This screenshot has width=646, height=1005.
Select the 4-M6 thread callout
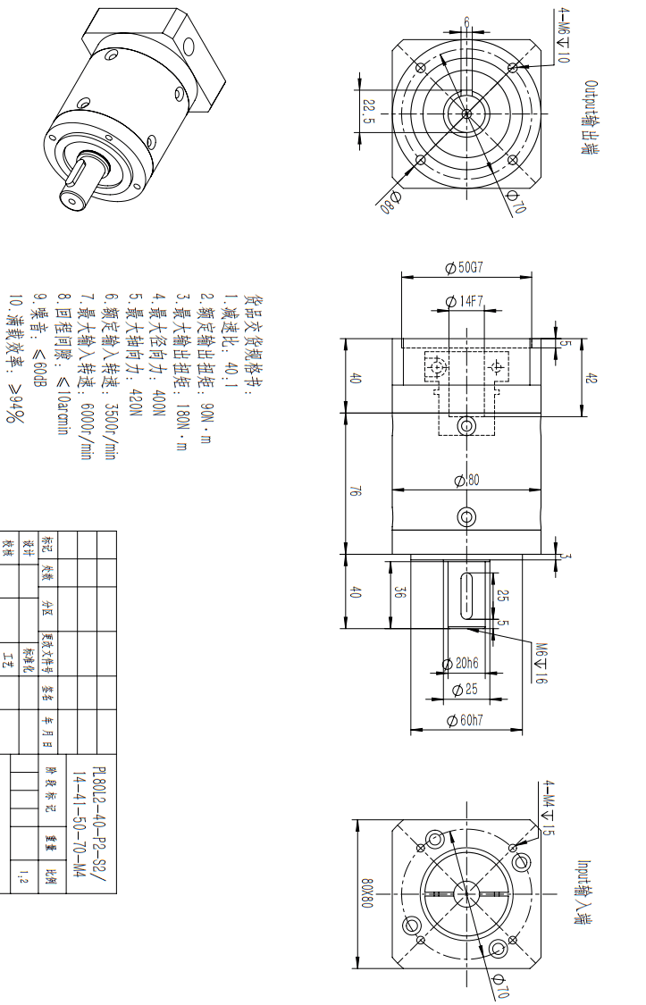pos(562,36)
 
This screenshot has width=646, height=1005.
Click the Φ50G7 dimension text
pos(465,267)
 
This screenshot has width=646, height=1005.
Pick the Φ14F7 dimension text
pos(465,302)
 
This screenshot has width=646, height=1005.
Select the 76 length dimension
pos(356,490)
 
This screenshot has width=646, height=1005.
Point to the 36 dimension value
pos(399,591)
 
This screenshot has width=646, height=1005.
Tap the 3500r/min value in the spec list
pos(110,430)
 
